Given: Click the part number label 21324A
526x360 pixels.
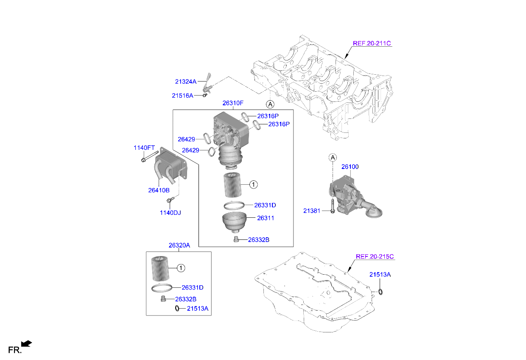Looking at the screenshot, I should click(x=185, y=81).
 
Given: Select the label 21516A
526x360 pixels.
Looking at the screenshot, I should click(x=182, y=96).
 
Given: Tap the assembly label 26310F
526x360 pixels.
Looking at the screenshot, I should click(x=233, y=103).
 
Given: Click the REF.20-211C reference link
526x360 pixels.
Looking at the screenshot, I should click(x=372, y=43).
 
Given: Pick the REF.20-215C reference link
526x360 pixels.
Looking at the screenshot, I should click(x=375, y=256).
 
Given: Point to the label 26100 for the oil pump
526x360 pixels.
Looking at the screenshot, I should click(x=350, y=167).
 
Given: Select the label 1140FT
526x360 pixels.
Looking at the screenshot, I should click(x=144, y=148).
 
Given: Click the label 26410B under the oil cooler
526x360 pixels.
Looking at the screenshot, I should click(x=159, y=190).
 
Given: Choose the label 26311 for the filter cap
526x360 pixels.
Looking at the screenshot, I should click(x=266, y=218).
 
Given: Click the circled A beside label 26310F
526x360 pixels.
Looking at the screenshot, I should click(x=270, y=104).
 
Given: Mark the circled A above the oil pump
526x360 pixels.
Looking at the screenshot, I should click(x=333, y=158).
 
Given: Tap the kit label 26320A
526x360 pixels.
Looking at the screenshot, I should click(x=179, y=245).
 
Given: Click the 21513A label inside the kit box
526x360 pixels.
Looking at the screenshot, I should click(x=197, y=309).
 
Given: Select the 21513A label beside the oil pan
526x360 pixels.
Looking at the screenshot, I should click(x=380, y=275).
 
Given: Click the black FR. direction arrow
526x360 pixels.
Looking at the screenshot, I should click(x=26, y=343).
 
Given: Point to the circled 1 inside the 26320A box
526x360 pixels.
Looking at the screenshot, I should click(x=181, y=268).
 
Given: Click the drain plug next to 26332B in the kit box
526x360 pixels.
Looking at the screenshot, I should click(x=162, y=299).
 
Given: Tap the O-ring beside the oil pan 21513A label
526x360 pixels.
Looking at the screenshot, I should click(x=380, y=291).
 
